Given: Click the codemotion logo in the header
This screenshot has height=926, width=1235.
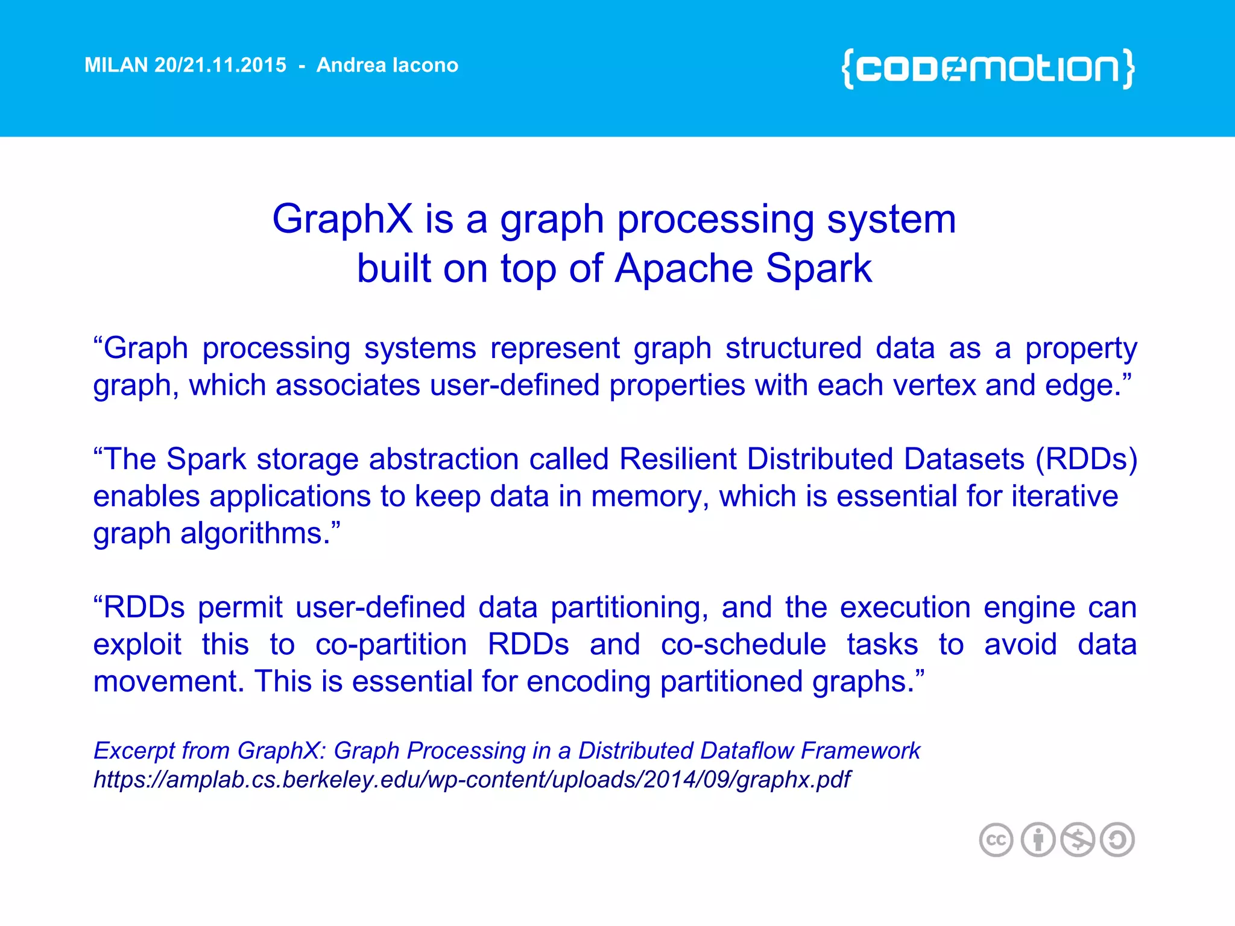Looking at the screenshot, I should click(988, 69).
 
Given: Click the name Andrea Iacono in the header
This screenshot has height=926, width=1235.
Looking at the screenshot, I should click(387, 65).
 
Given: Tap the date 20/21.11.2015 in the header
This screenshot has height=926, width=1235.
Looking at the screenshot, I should click(220, 65).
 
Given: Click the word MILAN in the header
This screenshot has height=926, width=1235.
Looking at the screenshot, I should click(116, 65).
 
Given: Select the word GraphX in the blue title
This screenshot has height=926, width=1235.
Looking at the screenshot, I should click(342, 219).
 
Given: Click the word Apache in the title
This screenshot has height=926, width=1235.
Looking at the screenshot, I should click(683, 268).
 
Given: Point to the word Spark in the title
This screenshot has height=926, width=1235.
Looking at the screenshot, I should click(818, 268).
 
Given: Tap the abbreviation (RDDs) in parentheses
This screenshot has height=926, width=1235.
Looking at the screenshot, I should click(1086, 459).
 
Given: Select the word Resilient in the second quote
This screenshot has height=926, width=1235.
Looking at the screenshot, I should click(678, 459).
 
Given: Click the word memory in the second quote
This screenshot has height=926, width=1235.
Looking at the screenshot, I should click(645, 497).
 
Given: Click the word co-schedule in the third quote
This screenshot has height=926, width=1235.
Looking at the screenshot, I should click(743, 644).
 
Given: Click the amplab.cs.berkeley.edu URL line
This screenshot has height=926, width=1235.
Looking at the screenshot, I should click(472, 780).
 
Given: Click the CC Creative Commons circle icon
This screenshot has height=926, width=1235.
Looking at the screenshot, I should click(996, 840).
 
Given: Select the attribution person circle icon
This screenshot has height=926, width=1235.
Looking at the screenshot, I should click(1037, 840).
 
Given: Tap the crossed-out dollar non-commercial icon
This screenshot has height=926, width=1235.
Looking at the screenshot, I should click(1078, 840).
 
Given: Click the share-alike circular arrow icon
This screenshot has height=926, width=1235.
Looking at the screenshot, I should click(1117, 840).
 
